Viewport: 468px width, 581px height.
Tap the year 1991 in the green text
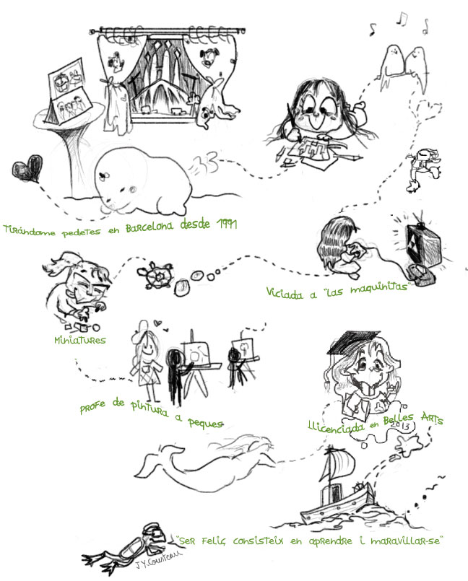pos(227,224)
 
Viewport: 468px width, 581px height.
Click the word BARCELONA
pos(149,227)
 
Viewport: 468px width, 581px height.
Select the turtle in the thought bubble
pos(155,275)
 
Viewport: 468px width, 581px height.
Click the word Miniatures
pos(79,340)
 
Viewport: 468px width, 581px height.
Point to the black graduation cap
pos(352,341)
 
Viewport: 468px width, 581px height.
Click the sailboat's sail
pos(338,464)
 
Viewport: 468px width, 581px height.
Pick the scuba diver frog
pos(128,549)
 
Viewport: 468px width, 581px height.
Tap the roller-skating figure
pos(422,170)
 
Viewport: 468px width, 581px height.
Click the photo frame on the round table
pos(68,91)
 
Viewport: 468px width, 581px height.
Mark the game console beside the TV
pos(422,274)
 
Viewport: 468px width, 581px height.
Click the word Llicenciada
pos(336,426)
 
